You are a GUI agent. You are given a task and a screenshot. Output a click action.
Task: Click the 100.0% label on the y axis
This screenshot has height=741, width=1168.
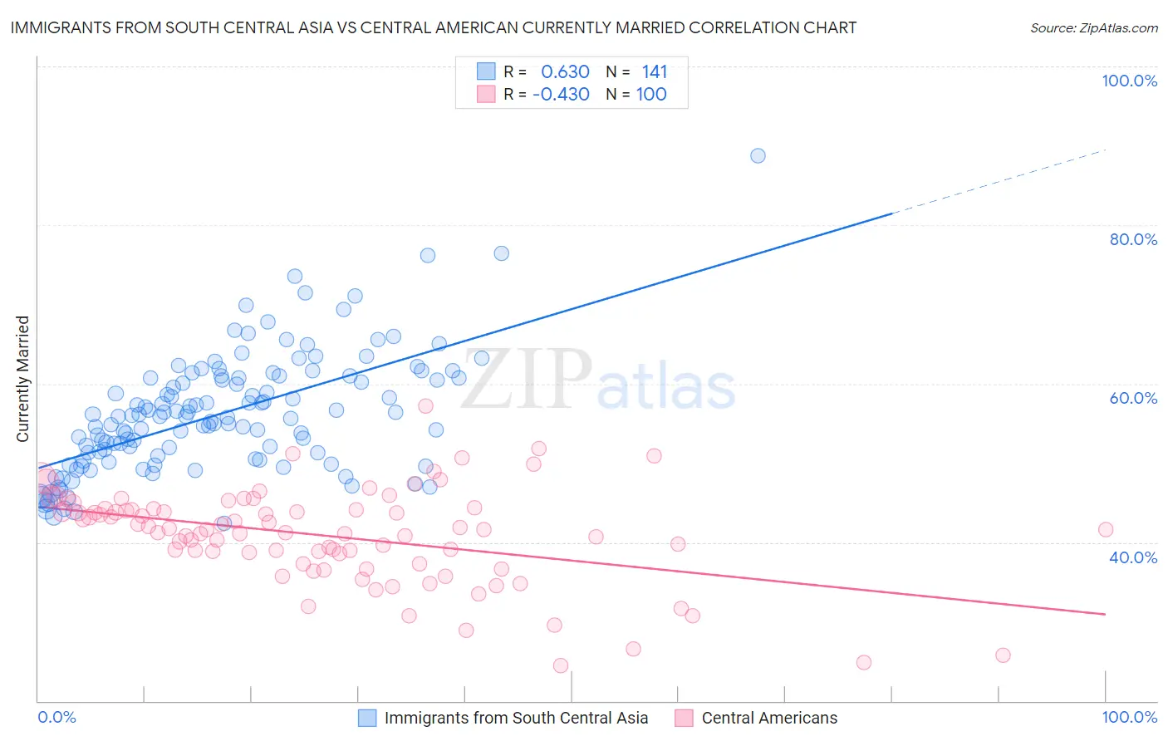click(1129, 81)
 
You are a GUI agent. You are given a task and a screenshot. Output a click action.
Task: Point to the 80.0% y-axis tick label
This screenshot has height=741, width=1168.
click(1133, 239)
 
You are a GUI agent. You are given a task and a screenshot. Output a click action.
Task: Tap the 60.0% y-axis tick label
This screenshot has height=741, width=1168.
click(1133, 398)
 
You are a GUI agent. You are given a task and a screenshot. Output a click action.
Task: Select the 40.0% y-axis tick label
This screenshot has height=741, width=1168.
click(1133, 557)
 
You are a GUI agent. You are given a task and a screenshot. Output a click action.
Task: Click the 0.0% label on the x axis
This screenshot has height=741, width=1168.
click(56, 717)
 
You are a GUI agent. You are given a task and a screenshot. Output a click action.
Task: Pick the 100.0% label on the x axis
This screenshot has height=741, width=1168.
click(1129, 717)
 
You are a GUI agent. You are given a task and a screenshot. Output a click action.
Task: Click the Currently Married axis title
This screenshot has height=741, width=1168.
click(22, 379)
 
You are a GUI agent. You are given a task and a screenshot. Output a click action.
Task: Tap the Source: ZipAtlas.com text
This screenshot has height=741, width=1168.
click(1093, 27)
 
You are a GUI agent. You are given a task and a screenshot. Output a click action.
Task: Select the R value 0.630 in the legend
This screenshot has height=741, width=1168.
click(565, 71)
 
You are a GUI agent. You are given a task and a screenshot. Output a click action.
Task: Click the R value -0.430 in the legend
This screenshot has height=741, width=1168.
click(561, 94)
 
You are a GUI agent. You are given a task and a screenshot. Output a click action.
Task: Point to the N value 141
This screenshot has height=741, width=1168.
click(654, 71)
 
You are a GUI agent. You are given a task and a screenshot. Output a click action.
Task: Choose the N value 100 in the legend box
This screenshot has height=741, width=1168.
click(651, 94)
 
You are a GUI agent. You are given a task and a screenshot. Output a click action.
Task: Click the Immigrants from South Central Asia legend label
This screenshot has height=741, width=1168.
click(516, 718)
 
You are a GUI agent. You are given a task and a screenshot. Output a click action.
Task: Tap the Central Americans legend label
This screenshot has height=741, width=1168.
click(769, 718)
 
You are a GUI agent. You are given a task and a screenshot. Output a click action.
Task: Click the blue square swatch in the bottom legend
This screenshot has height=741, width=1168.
click(367, 718)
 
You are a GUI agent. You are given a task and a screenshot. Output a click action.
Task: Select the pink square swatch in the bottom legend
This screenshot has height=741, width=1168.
click(684, 718)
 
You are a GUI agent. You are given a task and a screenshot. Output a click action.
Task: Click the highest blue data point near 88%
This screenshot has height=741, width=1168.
click(758, 155)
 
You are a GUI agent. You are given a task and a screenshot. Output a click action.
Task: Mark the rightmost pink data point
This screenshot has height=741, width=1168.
click(1105, 529)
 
